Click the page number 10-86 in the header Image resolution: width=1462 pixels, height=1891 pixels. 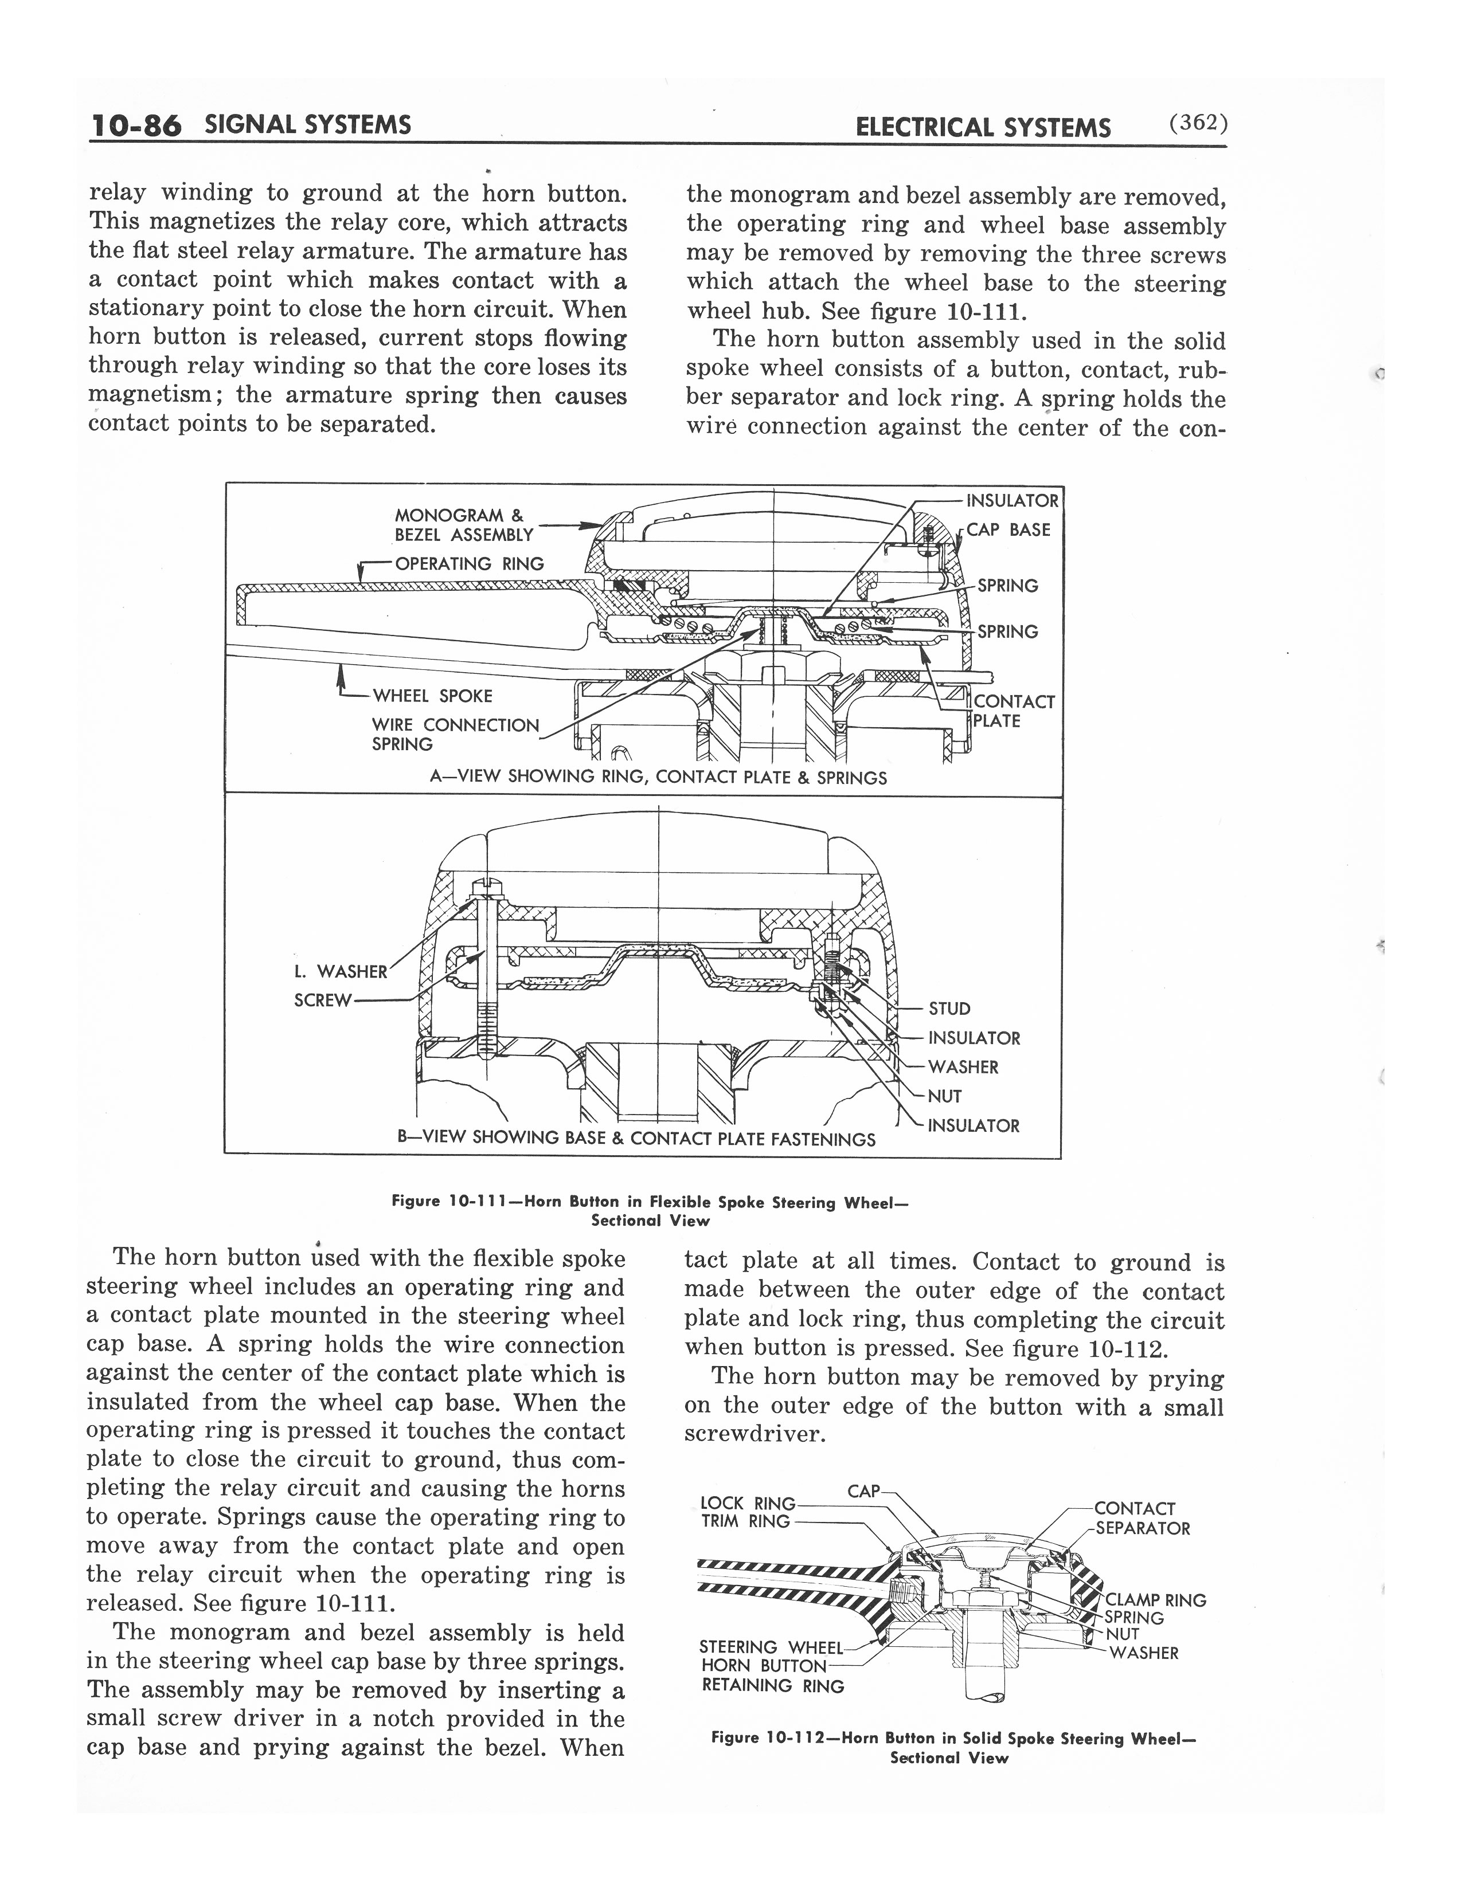point(135,127)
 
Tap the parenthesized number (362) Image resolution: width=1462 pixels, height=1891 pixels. point(1198,124)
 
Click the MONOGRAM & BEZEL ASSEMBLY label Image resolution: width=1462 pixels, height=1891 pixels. point(463,525)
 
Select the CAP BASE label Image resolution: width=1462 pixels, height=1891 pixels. point(1007,530)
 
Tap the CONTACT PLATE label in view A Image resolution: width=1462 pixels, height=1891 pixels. point(1013,712)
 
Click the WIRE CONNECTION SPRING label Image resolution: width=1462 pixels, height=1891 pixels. point(455,734)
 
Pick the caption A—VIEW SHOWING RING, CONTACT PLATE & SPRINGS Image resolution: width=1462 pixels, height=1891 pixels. point(658,778)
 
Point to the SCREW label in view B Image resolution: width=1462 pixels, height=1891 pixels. point(323,1000)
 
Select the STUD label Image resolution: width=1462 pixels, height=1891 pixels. point(949,1009)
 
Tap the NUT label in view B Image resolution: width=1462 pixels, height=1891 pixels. point(944,1096)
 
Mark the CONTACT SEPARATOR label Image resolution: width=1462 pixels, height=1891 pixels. point(1142,1519)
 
